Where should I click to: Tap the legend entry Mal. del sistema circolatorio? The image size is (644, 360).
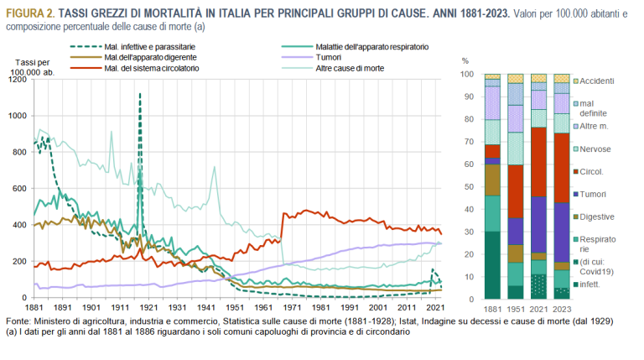coord(152,67)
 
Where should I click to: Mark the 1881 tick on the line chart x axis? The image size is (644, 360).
coord(34,308)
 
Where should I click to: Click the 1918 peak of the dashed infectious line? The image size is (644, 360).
coord(139,94)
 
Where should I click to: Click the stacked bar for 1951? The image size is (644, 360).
coord(516,185)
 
